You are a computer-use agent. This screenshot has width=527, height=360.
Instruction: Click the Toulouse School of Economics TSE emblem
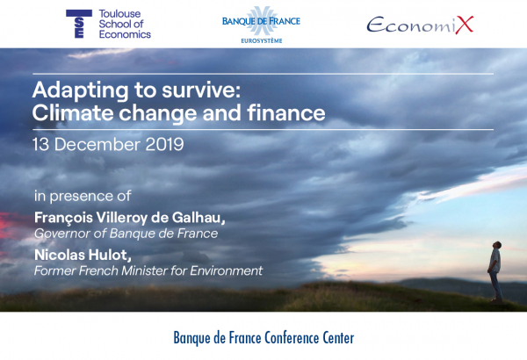[x=79, y=24]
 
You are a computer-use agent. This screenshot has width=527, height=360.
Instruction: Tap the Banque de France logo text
[x=261, y=21]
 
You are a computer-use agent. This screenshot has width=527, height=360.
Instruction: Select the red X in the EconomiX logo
[x=464, y=25]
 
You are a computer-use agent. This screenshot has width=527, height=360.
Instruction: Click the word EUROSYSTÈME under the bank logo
[x=262, y=41]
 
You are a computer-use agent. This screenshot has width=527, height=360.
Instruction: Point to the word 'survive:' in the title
[x=201, y=90]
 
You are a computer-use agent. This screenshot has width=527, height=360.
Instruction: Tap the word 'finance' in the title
[x=286, y=112]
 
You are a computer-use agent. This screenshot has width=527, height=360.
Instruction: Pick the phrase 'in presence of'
[x=83, y=196]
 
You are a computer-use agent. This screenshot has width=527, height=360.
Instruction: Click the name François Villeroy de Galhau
[x=130, y=218]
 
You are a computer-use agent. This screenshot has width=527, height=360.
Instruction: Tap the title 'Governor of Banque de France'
[x=126, y=234]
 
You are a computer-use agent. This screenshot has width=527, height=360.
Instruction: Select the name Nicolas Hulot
[x=83, y=256]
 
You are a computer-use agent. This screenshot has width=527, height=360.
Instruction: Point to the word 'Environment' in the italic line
[x=227, y=270]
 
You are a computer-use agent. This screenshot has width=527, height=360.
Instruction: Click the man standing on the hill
[x=495, y=271]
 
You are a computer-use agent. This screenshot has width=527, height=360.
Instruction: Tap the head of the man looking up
[x=497, y=245]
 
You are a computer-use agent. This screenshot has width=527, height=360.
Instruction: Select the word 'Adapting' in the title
[x=81, y=90]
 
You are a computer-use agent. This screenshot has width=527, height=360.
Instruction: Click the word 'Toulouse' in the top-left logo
[x=119, y=14]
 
